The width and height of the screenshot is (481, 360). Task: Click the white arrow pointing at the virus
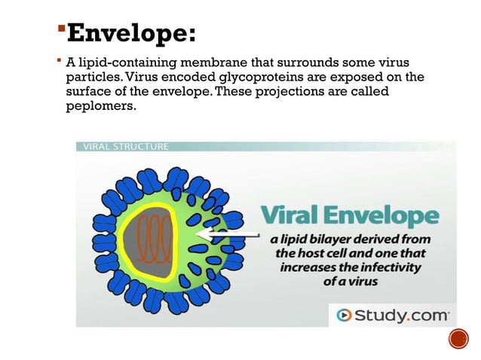pos(225,234)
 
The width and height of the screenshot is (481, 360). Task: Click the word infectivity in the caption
pos(388,267)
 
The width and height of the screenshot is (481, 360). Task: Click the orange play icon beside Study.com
pos(343,315)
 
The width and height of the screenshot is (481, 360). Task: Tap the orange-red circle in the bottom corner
pos(458,340)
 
